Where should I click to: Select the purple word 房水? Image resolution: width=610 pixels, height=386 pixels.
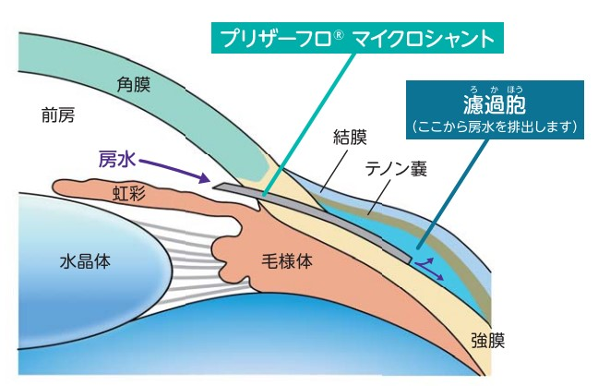pyautogui.click(x=118, y=158)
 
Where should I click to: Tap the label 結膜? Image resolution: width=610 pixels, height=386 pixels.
pyautogui.click(x=350, y=139)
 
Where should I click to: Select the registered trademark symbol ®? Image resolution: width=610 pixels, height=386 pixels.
pyautogui.click(x=339, y=33)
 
